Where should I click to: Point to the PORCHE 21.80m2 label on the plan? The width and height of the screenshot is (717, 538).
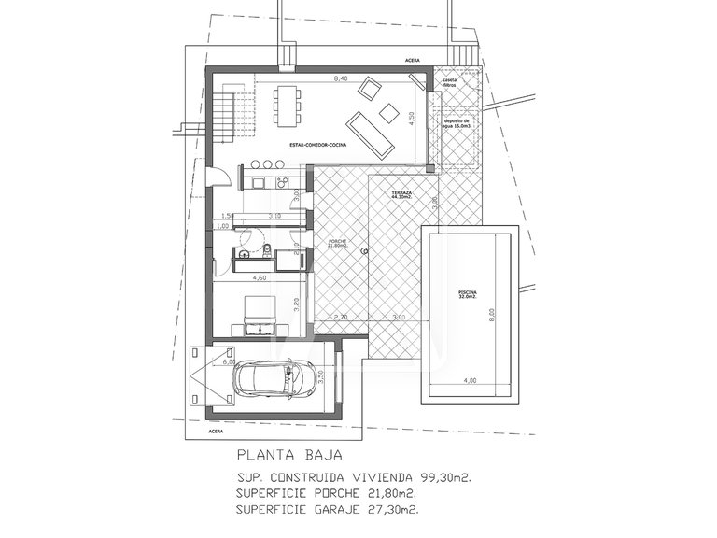tap(337, 245)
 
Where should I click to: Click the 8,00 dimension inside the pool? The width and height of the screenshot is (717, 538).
tap(492, 316)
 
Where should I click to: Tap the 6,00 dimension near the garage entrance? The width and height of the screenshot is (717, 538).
tap(216, 361)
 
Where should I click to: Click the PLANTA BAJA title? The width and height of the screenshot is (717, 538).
tap(288, 458)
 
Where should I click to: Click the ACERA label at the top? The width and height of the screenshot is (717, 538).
tap(413, 59)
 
